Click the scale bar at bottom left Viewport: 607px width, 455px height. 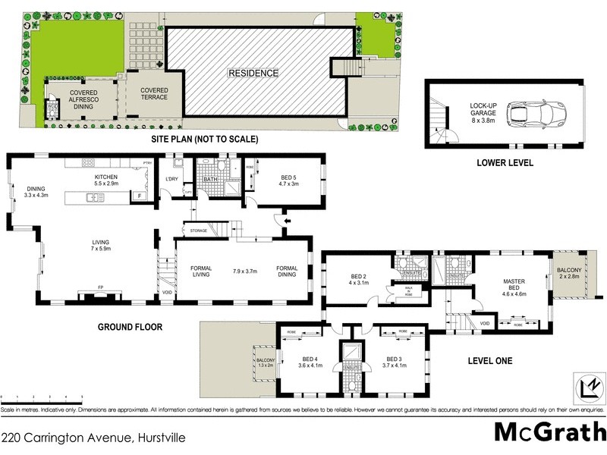click(42, 398)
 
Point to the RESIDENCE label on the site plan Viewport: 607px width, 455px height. click(254, 74)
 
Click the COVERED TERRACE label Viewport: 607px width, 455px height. click(154, 95)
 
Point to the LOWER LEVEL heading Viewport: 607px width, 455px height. click(505, 162)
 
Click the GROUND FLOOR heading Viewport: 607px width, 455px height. click(130, 328)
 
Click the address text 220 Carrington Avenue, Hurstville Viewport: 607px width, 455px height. click(93, 438)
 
